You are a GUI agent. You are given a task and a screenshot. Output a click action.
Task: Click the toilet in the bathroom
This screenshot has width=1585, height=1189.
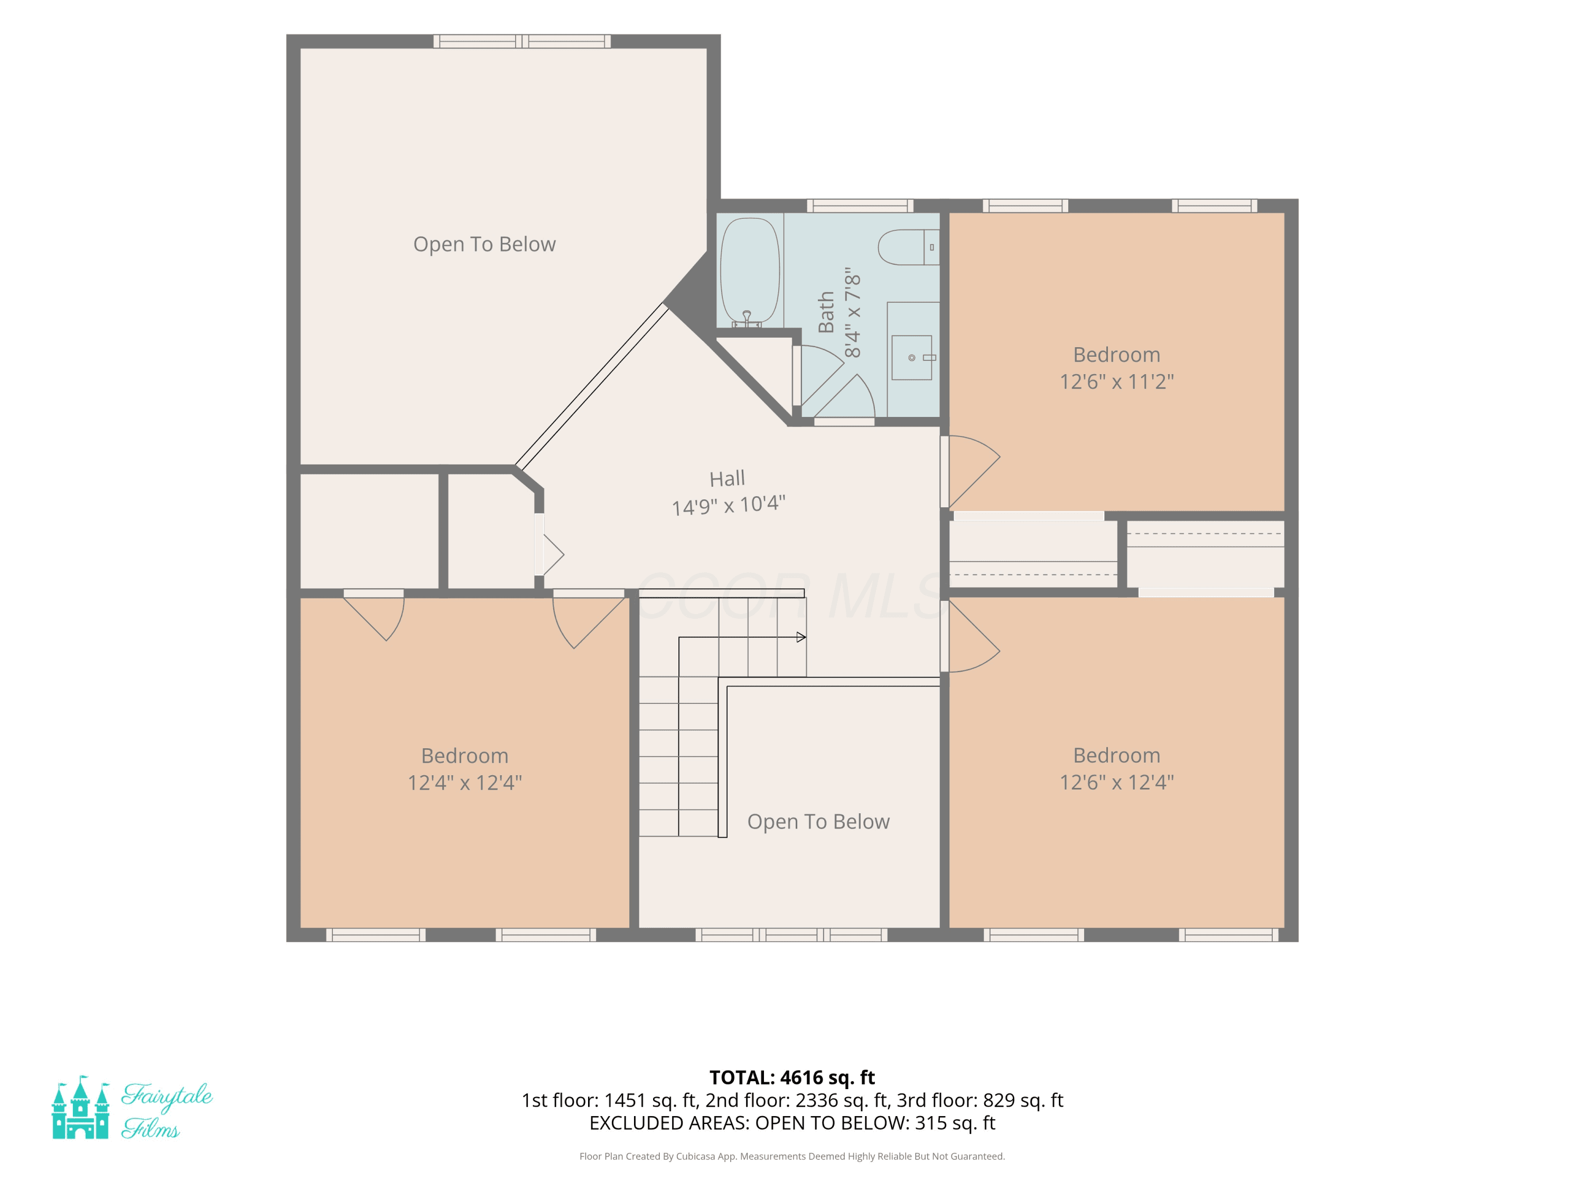click(x=908, y=247)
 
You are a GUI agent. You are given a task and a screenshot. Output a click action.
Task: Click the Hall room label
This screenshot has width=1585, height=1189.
click(x=728, y=479)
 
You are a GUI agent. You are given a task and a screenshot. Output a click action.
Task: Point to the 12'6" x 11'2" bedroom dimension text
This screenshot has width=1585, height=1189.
click(x=1116, y=382)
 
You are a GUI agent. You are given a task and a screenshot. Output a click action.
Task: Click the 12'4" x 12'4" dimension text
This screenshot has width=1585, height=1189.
click(x=464, y=782)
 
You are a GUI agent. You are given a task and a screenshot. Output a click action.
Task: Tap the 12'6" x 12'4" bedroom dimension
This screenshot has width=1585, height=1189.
click(x=1116, y=782)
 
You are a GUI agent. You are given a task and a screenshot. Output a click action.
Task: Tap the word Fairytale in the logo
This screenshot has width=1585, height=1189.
click(x=167, y=1096)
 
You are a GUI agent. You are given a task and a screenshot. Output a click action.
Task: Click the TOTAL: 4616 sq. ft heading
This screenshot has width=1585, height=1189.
click(x=792, y=1077)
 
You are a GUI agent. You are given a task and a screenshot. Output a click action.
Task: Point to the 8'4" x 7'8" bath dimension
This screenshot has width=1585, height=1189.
click(x=852, y=312)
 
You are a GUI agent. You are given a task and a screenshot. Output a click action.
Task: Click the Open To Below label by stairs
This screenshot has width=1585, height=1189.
click(x=818, y=821)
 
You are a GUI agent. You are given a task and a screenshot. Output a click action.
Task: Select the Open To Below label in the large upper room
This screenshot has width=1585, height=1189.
click(x=484, y=244)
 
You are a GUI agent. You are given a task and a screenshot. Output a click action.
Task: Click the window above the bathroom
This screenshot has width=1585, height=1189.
click(x=860, y=206)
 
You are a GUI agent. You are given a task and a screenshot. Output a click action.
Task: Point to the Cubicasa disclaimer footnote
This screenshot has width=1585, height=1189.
click(x=792, y=1156)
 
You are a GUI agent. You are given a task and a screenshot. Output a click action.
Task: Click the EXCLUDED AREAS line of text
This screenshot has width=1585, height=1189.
click(x=792, y=1123)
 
